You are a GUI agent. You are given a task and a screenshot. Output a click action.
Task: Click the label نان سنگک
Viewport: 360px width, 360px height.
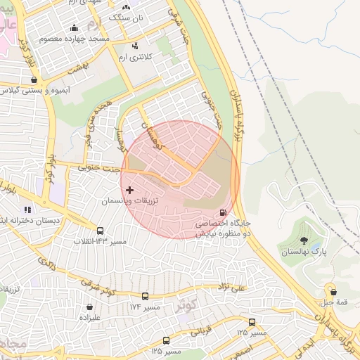tap(129, 17)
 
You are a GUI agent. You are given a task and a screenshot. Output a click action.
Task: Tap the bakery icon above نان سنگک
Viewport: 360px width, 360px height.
tap(127, 6)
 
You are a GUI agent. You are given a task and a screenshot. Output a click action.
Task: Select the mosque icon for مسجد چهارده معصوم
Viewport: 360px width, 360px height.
tap(75, 28)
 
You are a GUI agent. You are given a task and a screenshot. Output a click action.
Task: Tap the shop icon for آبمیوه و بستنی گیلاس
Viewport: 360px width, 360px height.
tap(34, 80)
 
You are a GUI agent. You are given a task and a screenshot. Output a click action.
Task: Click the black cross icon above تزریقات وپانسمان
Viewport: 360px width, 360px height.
tap(129, 190)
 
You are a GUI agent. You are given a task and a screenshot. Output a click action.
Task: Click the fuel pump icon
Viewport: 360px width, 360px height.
tap(224, 212)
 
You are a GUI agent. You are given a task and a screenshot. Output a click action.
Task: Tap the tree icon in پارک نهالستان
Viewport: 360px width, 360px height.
tap(304, 240)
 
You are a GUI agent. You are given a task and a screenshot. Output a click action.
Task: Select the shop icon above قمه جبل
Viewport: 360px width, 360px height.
tap(333, 291)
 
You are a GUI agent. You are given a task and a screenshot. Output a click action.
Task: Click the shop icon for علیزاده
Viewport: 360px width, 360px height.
tap(90, 307)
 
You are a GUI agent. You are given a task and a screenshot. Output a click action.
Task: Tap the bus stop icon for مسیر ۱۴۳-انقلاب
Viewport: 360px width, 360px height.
tap(100, 231)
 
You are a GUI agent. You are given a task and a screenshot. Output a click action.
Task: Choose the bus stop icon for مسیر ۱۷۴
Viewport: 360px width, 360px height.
tap(145, 297)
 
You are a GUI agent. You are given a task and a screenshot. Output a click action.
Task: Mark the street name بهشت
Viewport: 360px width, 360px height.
tap(75, 69)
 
